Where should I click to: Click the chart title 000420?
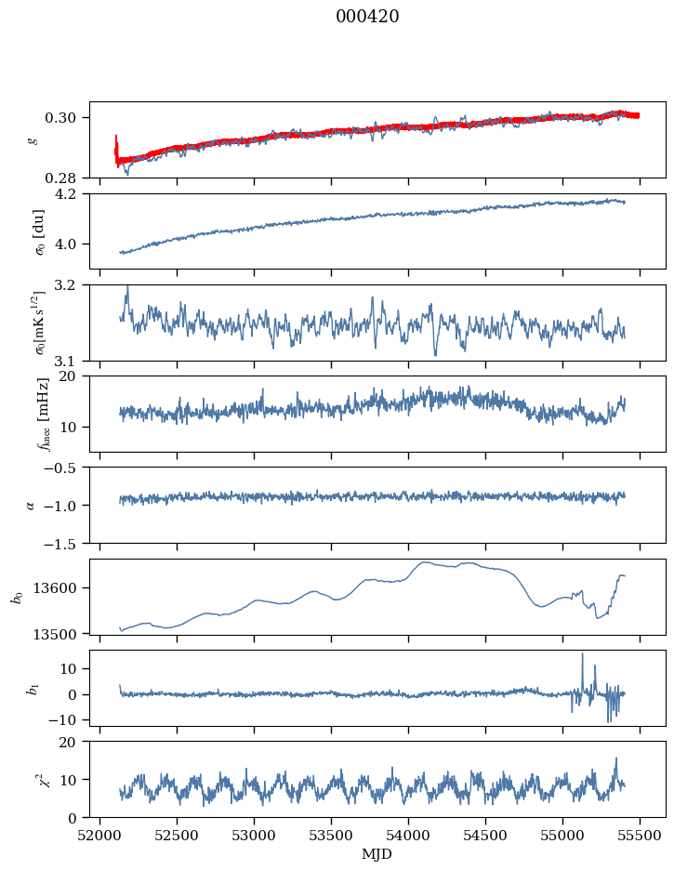pyautogui.click(x=367, y=17)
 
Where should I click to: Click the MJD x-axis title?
pyautogui.click(x=377, y=854)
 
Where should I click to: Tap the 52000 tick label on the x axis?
pyautogui.click(x=99, y=836)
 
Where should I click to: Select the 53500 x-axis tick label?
pyautogui.click(x=331, y=836)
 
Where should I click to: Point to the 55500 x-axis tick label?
pyautogui.click(x=640, y=836)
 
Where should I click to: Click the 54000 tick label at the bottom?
pyautogui.click(x=408, y=836)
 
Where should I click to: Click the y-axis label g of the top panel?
pyautogui.click(x=33, y=140)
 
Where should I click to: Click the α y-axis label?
pyautogui.click(x=31, y=505)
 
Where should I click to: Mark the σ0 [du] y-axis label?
pyautogui.click(x=40, y=231)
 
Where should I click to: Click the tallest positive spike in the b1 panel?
pyautogui.click(x=583, y=654)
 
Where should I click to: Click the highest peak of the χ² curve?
pyautogui.click(x=615, y=759)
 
